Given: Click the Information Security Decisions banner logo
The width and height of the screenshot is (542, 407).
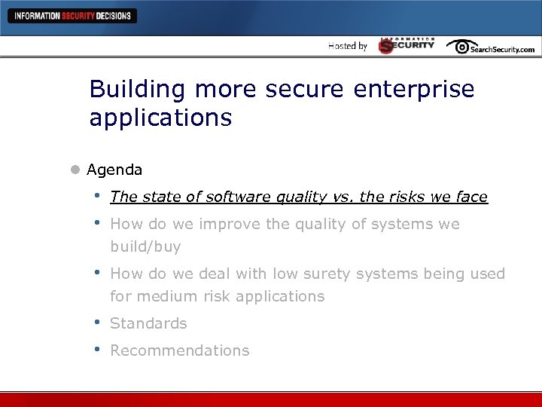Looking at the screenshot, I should (72, 16).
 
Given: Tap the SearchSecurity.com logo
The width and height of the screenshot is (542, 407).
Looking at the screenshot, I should (491, 47).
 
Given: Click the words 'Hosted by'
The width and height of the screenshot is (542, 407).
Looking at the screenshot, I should (348, 46).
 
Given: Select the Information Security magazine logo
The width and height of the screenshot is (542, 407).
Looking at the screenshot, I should (406, 45).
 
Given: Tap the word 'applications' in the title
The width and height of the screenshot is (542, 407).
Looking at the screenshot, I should (160, 118).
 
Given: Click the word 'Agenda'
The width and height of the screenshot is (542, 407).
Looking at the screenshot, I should (114, 170).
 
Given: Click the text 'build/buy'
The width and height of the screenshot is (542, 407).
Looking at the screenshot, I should (145, 247).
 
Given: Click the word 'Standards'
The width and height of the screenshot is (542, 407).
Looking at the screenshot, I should (148, 323).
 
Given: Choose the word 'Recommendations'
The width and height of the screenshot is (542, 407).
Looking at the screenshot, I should (179, 350).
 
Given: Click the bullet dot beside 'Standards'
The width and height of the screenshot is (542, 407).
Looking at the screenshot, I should (97, 323).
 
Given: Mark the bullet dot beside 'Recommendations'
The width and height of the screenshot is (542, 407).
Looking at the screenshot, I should (97, 350).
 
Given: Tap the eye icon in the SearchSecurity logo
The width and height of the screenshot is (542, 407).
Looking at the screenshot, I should (458, 46).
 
